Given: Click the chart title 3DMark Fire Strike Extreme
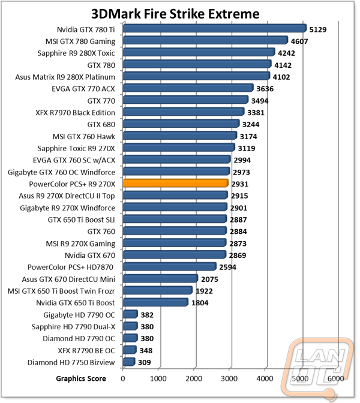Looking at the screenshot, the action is tap(175, 14).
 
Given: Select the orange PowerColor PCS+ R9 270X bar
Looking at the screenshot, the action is tap(175, 183).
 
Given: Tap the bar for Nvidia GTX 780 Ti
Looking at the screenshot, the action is tap(214, 28).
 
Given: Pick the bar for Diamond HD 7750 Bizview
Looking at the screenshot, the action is tap(129, 362).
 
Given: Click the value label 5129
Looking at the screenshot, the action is tap(318, 30).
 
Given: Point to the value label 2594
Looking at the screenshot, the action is tap(227, 267).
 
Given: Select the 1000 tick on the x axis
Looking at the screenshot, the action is tap(158, 378).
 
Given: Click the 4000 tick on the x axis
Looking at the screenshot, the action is tap(265, 378).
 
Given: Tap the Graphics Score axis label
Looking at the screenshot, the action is tap(81, 378).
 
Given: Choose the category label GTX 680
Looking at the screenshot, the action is tap(101, 125).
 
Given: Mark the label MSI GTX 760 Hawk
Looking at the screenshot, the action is tap(84, 137).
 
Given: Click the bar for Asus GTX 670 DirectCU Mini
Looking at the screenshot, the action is tap(160, 278).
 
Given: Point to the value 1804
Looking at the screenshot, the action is tap(200, 303).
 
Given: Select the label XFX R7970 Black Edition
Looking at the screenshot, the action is tap(76, 113).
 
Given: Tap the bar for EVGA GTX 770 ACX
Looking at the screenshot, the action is tap(188, 88).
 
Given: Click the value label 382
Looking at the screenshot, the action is tap(147, 315).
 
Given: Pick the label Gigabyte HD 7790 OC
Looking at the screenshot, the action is tap(79, 315).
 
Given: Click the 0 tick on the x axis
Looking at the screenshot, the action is tap(123, 378).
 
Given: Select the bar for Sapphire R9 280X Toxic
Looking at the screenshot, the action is tap(199, 52).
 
